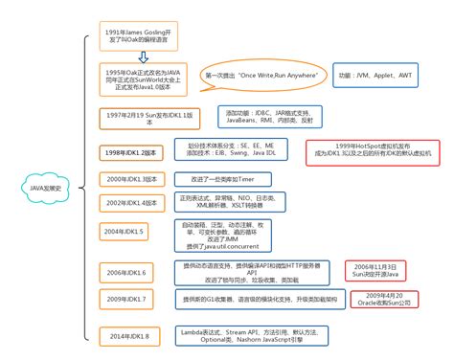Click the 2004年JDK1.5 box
coord(125,231)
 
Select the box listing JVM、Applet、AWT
coord(371,73)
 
